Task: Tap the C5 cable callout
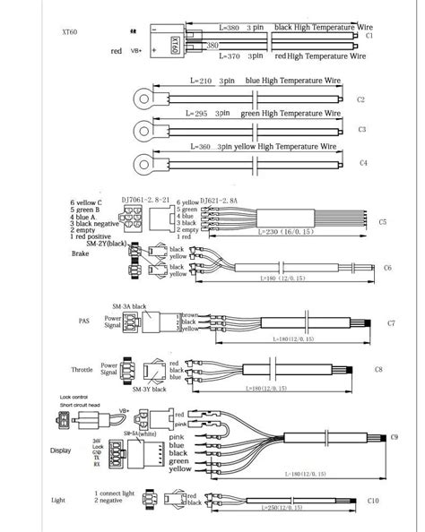coord(382,220)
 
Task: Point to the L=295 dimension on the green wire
coord(204,114)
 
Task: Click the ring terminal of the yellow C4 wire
coord(143,161)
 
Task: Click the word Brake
coord(82,254)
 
